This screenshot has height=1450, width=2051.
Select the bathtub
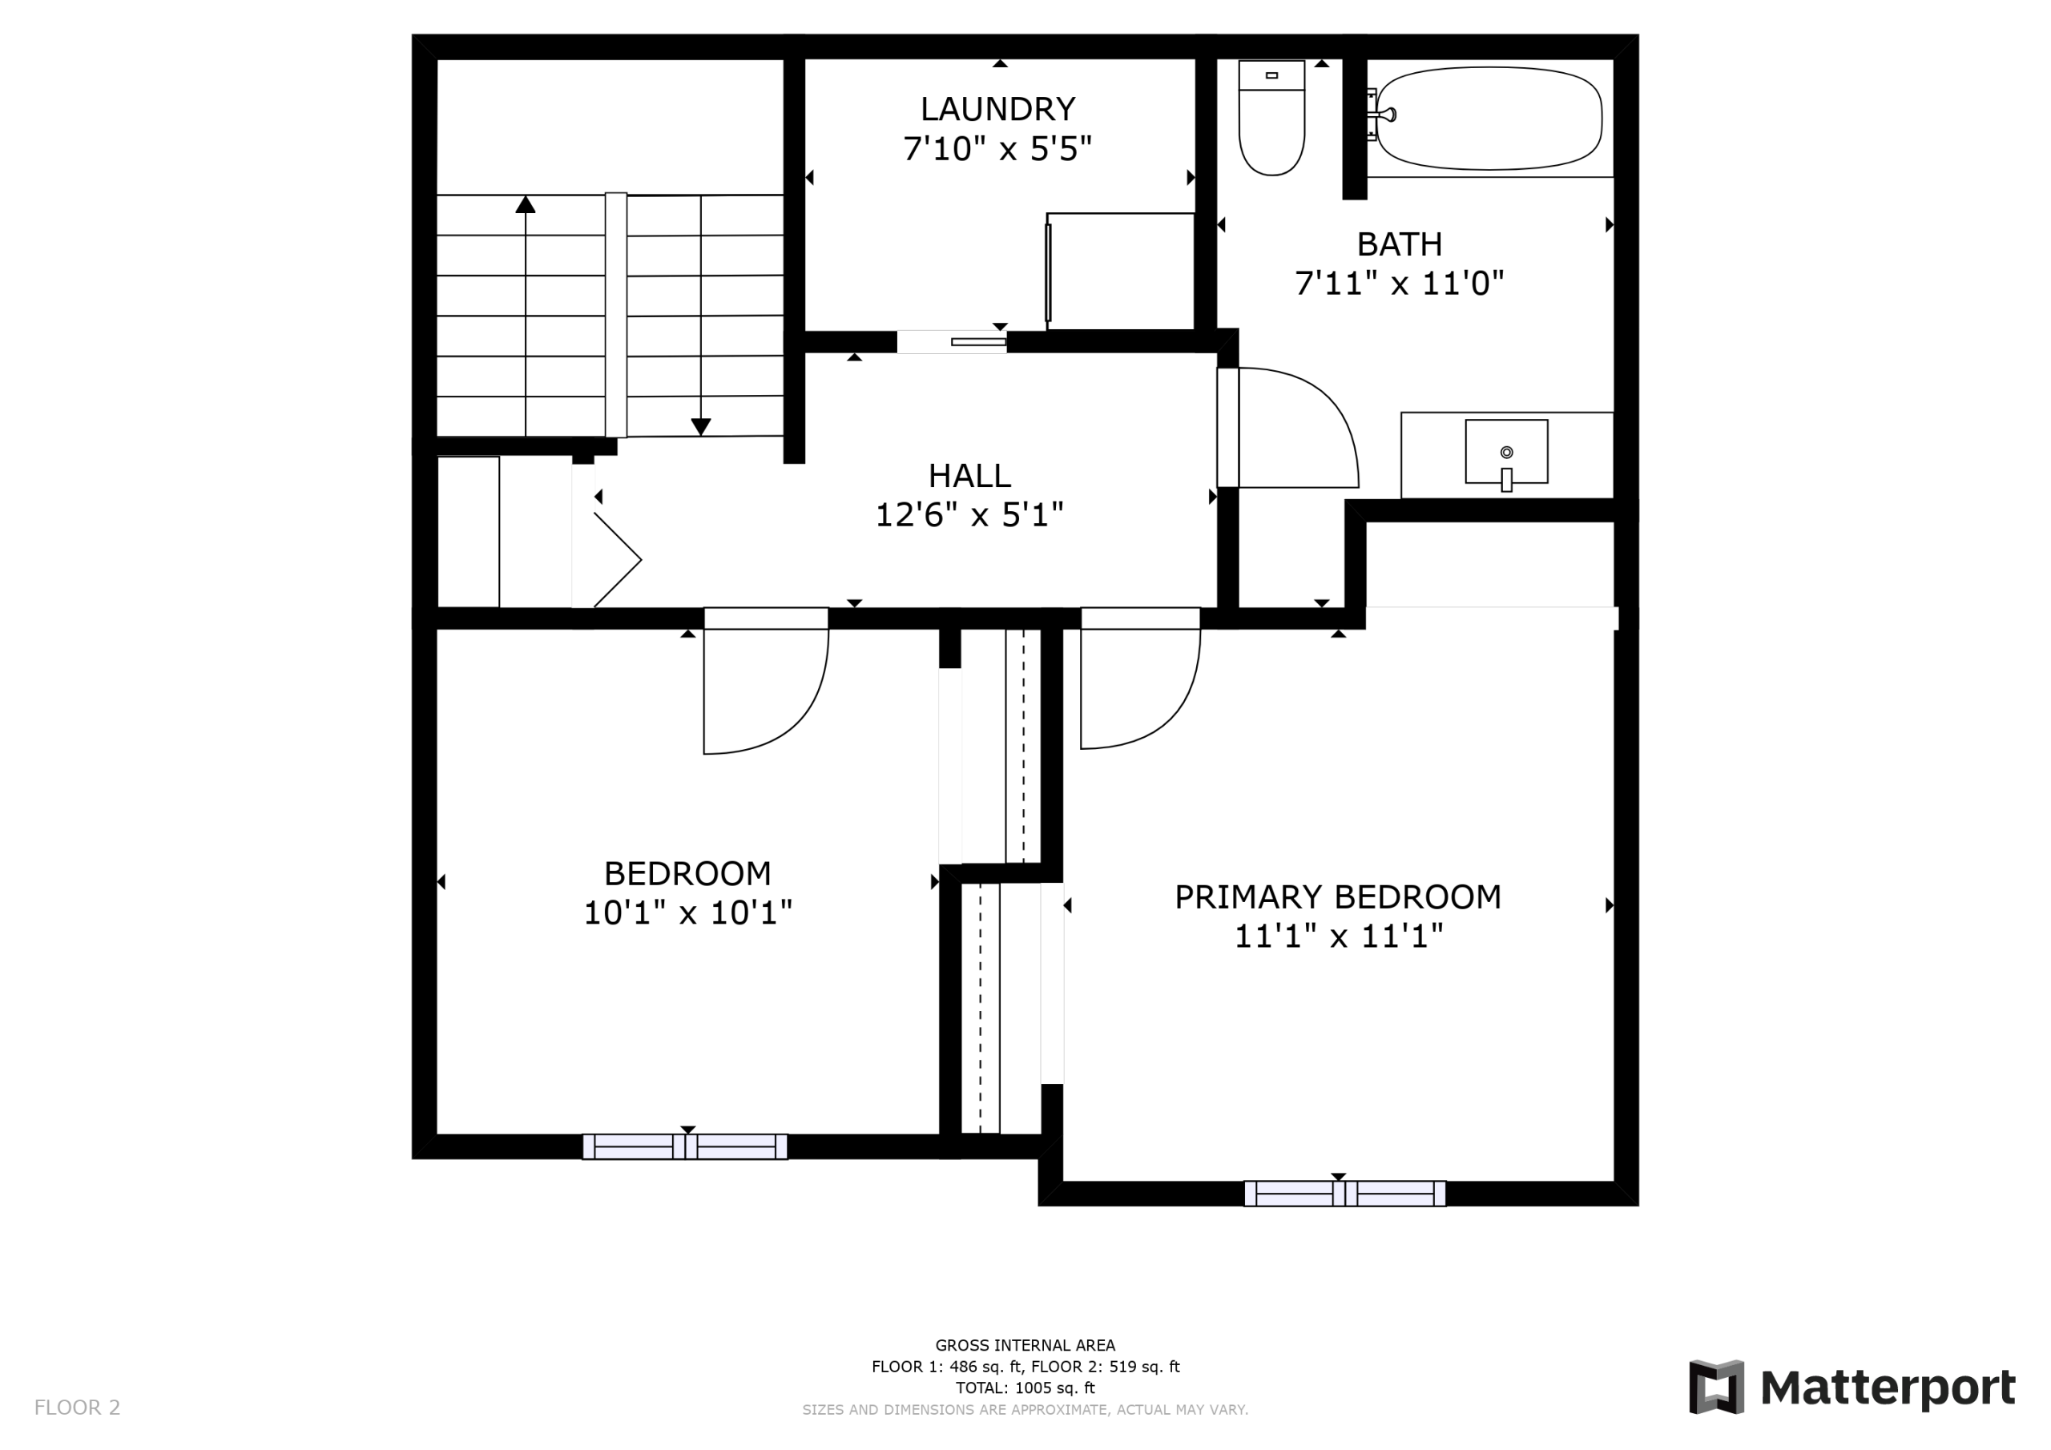1489,118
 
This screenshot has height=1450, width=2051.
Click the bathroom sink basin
1506,452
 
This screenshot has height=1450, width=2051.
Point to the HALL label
970,475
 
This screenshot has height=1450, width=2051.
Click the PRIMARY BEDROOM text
1337,897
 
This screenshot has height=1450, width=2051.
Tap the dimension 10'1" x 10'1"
688,913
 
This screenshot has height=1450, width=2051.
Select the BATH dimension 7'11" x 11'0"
1400,284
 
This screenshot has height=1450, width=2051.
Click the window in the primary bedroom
1344,1194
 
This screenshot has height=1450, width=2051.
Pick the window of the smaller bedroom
685,1146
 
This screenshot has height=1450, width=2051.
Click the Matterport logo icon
1716,1388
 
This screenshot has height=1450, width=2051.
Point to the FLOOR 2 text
77,1408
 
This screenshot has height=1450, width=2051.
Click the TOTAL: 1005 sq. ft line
1025,1388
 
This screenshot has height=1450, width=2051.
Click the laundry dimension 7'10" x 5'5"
997,149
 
